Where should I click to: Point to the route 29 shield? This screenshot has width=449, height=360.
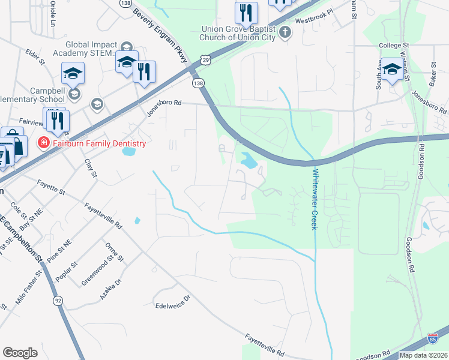click(206, 59)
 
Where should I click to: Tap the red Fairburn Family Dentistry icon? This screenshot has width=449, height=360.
click(43, 143)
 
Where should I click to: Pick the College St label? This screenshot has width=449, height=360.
click(394, 45)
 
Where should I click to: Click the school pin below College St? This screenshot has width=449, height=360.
click(392, 70)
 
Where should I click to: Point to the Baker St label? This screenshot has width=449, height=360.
click(432, 71)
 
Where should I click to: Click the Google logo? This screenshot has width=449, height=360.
click(20, 353)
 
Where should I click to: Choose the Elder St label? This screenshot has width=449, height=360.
click(35, 58)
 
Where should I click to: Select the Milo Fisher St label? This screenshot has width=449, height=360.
click(29, 292)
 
